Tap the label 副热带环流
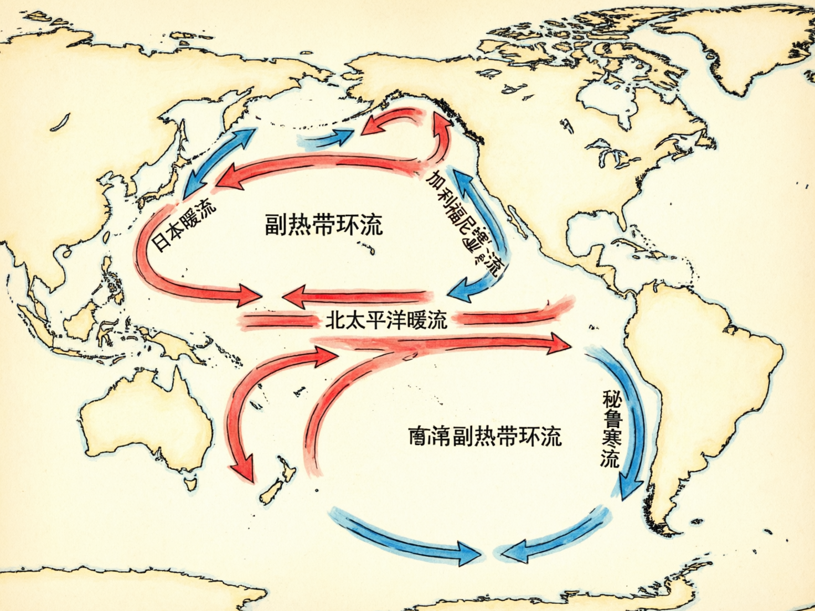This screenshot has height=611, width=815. tap(323, 225)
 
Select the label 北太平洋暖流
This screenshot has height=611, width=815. tap(386, 320)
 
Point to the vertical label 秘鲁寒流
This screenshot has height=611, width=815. tap(611, 428)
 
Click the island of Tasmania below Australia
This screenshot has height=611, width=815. tap(190, 484)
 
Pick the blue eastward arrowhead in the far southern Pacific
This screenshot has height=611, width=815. tap(468, 552)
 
